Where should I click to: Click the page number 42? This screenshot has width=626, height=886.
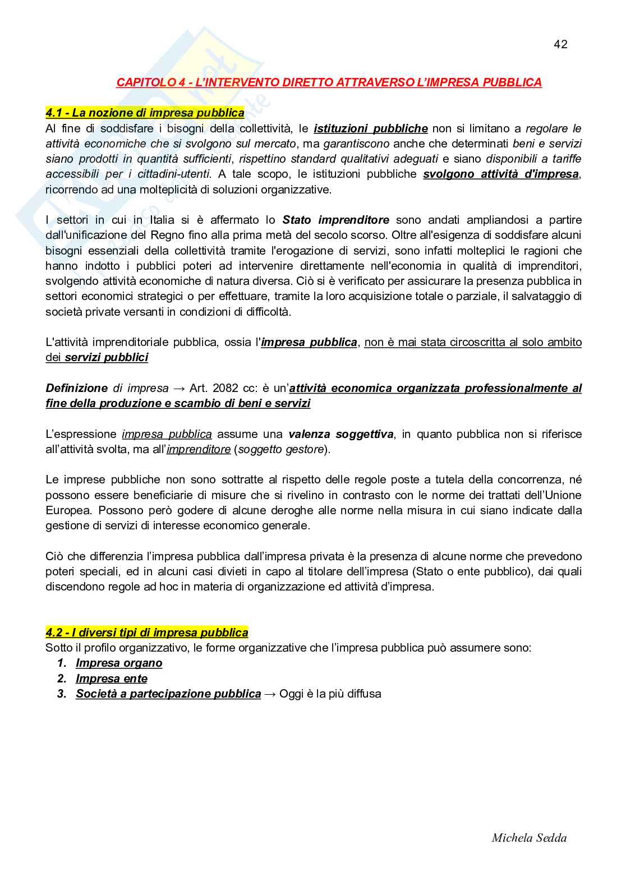(560, 44)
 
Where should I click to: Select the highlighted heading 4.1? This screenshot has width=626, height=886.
(145, 113)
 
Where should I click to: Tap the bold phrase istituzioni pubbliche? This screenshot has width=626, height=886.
(371, 128)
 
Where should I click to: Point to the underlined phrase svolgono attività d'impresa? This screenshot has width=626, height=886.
(501, 174)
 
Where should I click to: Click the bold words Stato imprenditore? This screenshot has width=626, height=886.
(335, 220)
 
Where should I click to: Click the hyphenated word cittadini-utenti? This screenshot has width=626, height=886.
(174, 174)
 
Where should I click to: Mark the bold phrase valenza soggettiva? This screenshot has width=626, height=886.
(340, 434)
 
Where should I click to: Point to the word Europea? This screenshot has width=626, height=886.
(68, 510)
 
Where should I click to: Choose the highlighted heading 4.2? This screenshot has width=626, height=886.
(147, 633)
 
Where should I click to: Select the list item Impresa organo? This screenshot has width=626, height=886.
(119, 663)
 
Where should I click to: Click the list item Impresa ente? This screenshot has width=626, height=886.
(112, 679)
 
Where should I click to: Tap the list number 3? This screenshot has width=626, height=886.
(62, 694)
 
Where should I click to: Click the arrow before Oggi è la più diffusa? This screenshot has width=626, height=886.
(270, 694)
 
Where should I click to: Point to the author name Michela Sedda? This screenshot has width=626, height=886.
(529, 838)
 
